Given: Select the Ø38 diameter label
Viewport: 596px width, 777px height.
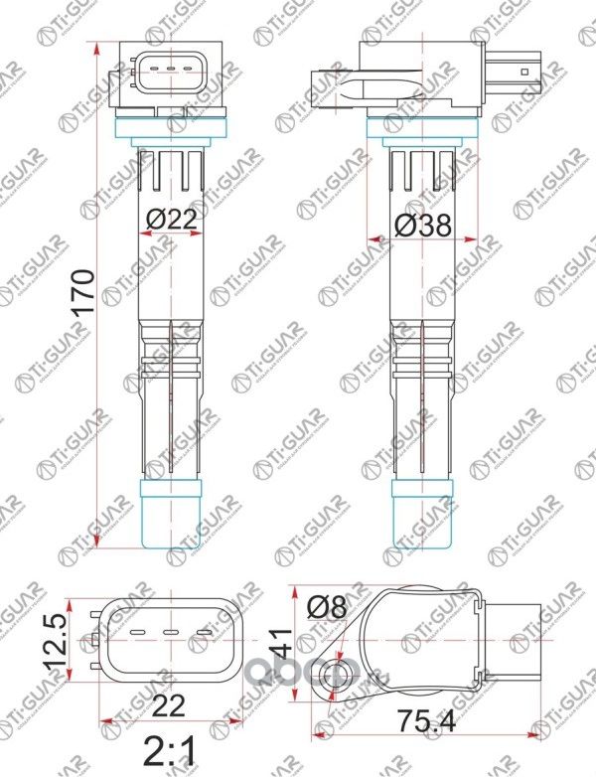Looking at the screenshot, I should click(422, 226).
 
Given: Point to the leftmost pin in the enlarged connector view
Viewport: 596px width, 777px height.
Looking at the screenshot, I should click(137, 633).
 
